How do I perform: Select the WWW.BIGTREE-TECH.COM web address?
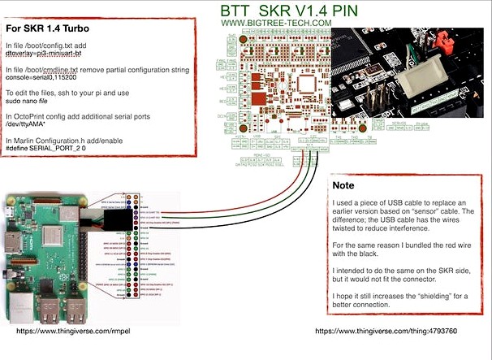(x=276, y=23)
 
